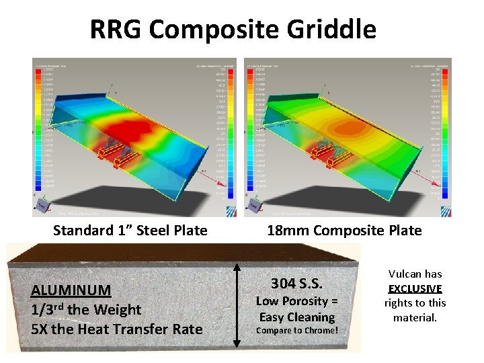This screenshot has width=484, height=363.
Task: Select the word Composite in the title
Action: point(216,30)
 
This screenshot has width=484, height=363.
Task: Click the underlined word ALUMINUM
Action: point(71,290)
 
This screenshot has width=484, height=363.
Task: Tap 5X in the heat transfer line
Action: point(42,329)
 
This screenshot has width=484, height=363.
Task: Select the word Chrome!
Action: point(319,331)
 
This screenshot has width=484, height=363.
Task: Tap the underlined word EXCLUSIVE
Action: point(415,288)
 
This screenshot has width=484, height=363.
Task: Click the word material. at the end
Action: point(415,317)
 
